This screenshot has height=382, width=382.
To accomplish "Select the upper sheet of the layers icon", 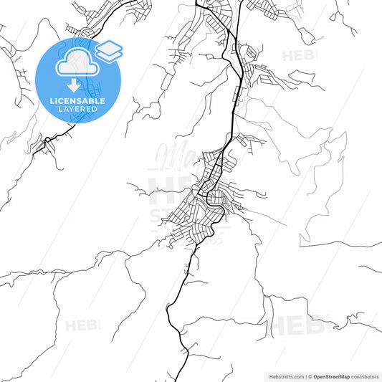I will [109, 48].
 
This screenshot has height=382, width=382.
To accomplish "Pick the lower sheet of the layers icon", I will [109, 56].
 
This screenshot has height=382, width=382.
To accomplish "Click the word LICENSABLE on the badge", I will [78, 101].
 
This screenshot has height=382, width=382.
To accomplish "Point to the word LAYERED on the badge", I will [78, 109].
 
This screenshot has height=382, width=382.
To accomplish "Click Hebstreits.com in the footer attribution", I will [282, 376].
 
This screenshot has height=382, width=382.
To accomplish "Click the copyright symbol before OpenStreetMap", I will [309, 376].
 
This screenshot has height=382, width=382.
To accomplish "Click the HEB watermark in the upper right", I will [297, 56].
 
